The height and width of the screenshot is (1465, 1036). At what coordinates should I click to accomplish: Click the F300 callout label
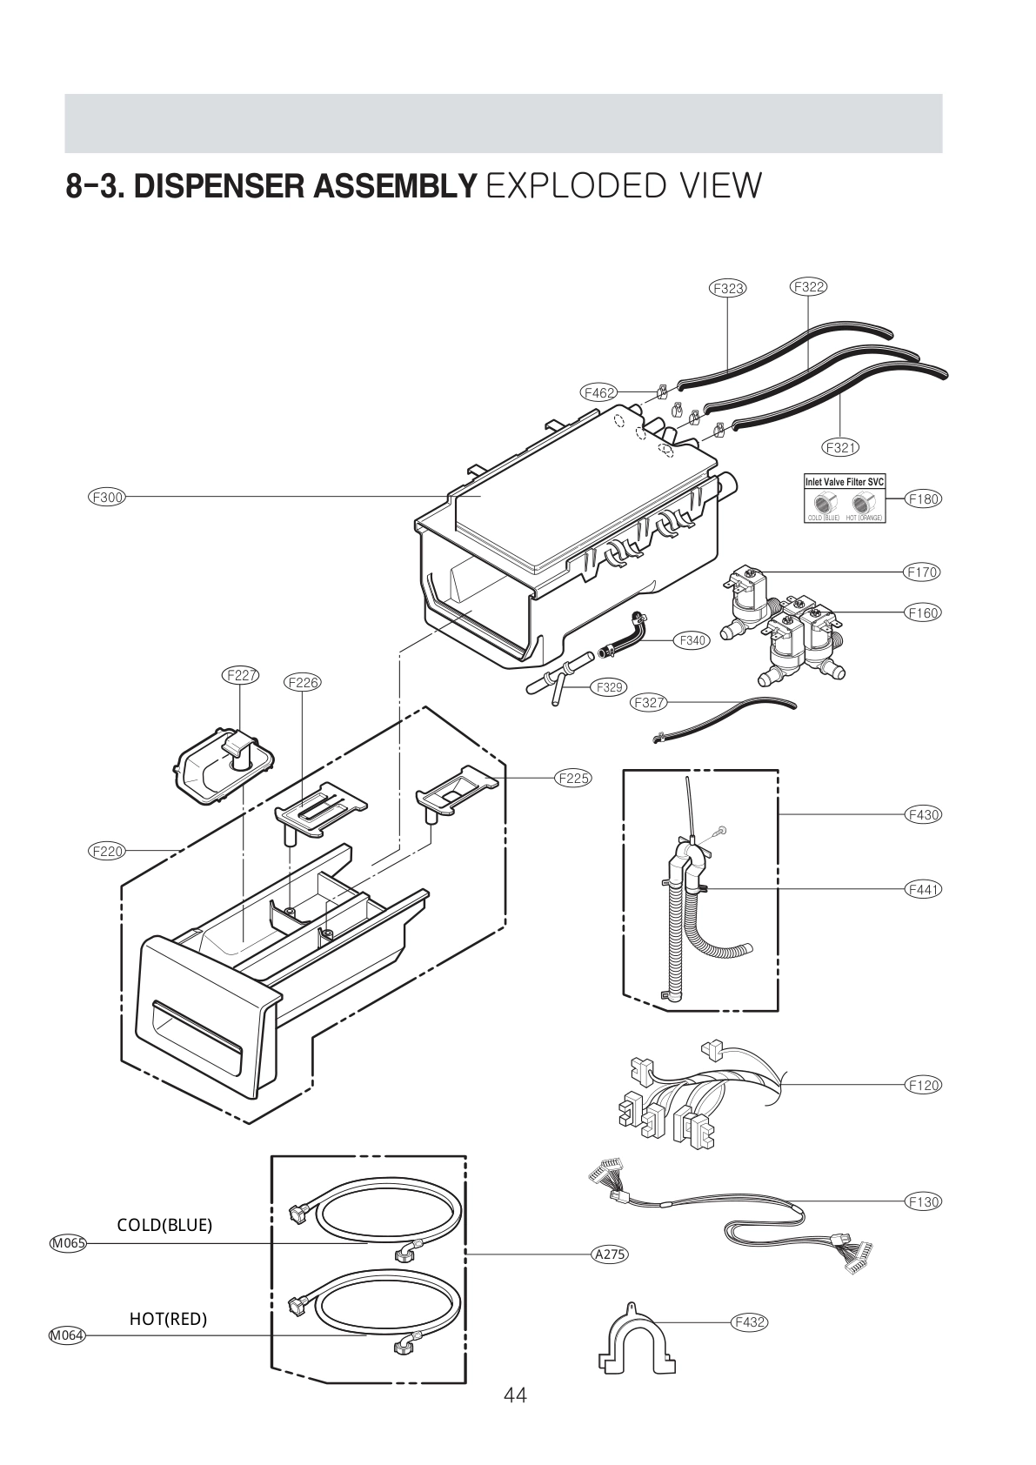click(107, 498)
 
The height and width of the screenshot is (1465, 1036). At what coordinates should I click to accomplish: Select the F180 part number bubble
click(923, 498)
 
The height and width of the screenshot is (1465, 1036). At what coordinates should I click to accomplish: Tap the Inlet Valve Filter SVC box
click(843, 498)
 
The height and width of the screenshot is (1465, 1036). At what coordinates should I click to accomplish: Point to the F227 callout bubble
click(241, 675)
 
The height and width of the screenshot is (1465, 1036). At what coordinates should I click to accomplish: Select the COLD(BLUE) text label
click(164, 1225)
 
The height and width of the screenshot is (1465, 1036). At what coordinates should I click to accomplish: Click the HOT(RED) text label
click(168, 1319)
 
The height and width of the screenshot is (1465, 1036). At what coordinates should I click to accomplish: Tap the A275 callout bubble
click(609, 1254)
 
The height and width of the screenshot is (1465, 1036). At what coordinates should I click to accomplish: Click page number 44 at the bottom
click(515, 1395)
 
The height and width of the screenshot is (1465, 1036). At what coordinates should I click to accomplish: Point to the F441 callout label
click(923, 889)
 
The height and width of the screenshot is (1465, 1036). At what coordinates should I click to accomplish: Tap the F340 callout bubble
click(692, 640)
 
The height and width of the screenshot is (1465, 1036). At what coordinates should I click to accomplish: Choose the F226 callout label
click(302, 682)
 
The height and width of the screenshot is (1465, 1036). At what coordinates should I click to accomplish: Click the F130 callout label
click(923, 1201)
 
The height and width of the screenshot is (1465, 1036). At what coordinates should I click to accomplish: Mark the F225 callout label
click(572, 778)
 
